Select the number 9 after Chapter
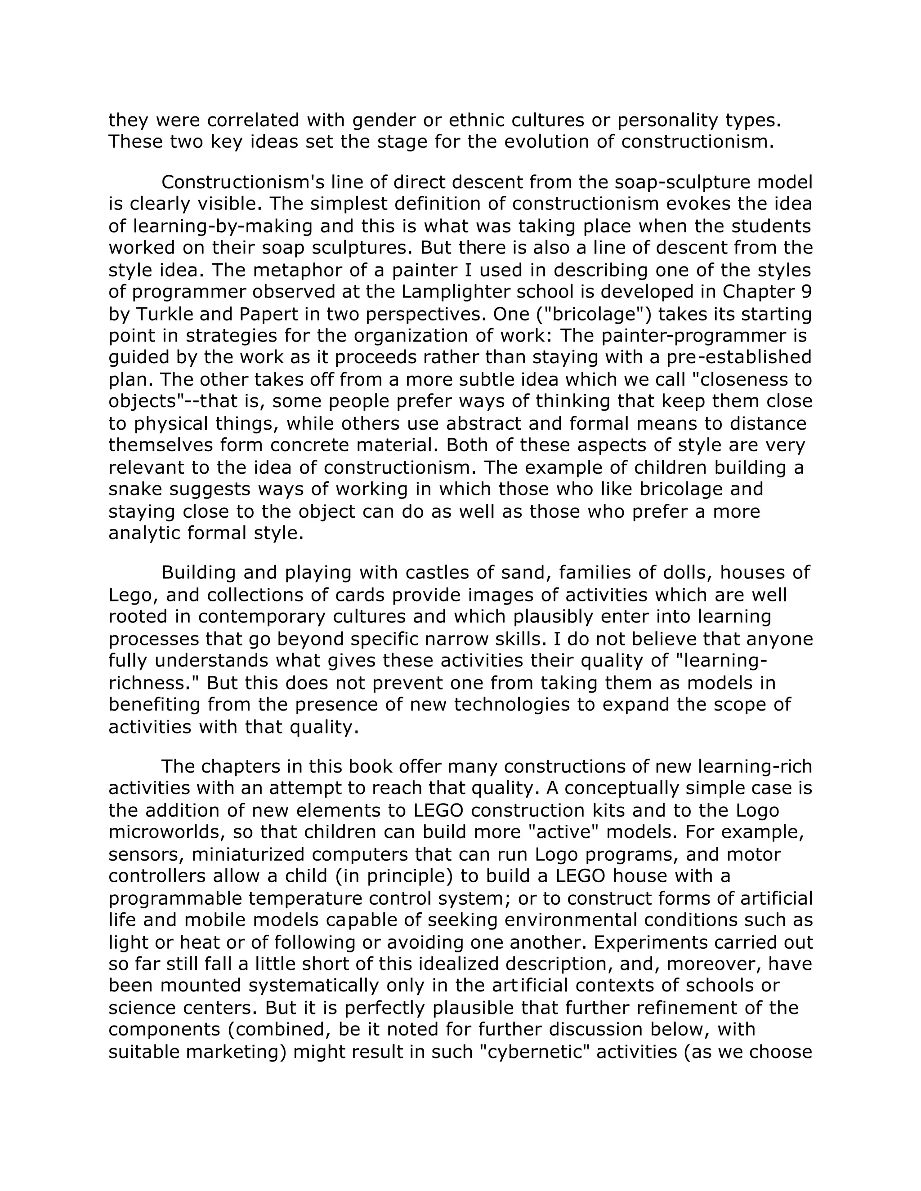807,292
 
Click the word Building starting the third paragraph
199,573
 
